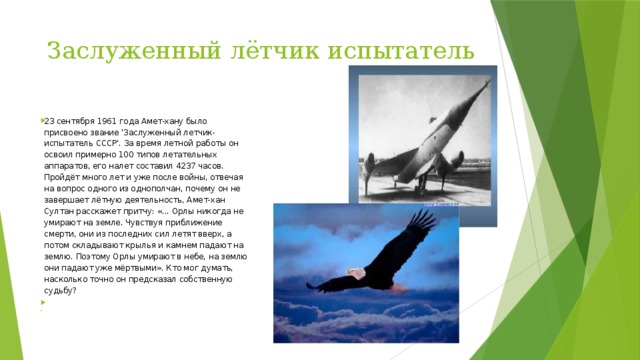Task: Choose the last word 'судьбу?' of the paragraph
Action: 63,293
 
